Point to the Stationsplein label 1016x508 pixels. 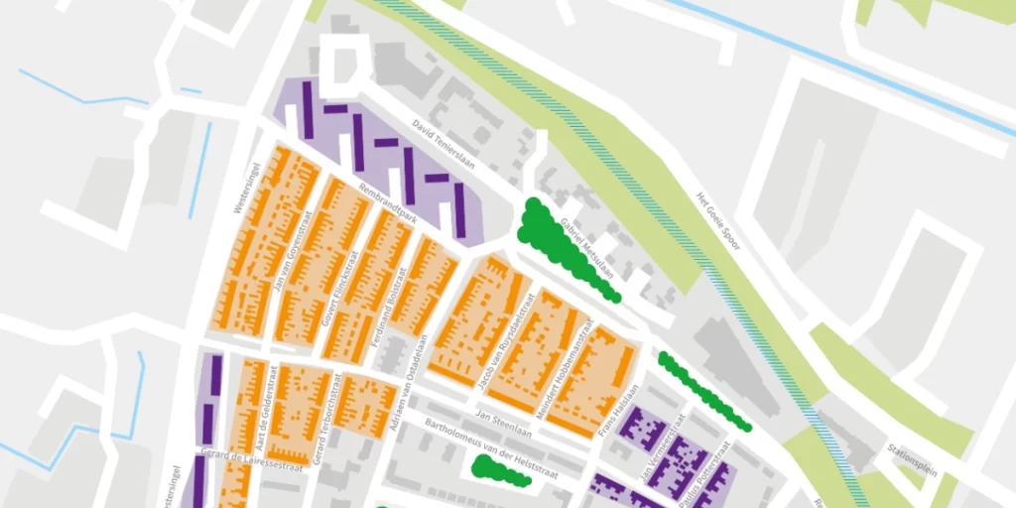(912, 458)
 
